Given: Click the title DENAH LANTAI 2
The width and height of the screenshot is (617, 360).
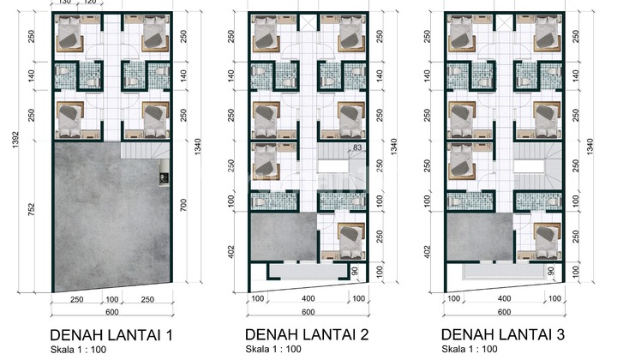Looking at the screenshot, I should click(308, 333).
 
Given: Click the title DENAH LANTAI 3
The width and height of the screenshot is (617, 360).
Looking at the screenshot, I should click(506, 333).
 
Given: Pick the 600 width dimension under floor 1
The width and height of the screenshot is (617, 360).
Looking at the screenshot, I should click(112, 313).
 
